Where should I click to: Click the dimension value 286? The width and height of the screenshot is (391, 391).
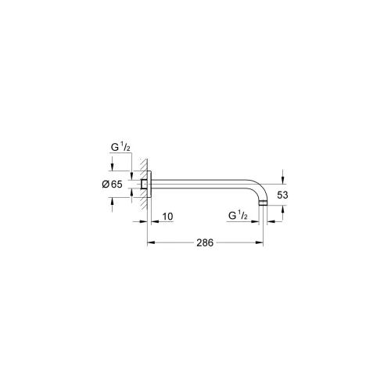click(205, 242)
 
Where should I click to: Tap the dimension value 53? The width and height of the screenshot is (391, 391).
click(282, 195)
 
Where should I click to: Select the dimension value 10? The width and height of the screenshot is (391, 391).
click(167, 217)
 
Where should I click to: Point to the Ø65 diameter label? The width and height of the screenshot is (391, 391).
click(112, 185)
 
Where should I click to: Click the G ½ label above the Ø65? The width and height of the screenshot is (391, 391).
click(120, 147)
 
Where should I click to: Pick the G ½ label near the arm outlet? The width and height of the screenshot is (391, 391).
click(238, 216)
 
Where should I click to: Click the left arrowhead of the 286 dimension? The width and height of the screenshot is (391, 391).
click(152, 242)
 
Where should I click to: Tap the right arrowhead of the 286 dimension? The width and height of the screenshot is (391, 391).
click(259, 242)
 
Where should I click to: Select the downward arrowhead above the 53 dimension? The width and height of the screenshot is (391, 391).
click(283, 180)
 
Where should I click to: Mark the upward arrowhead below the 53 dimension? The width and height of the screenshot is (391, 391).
click(283, 210)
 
